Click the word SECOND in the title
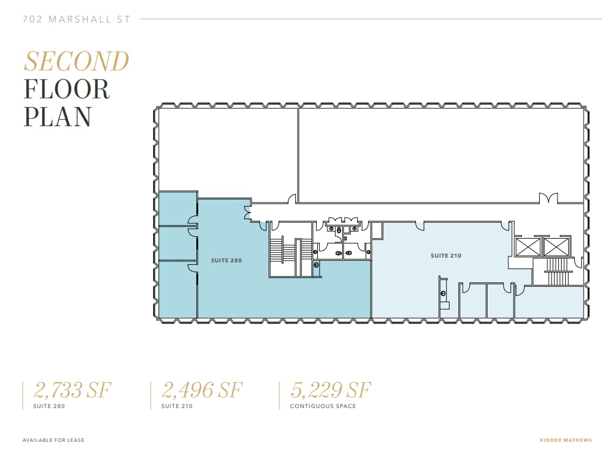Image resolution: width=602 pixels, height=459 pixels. pyautogui.click(x=76, y=62)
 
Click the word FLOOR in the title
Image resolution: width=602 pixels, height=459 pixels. pyautogui.click(x=66, y=89)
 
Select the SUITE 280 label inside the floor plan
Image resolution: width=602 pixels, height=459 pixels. pyautogui.click(x=227, y=260)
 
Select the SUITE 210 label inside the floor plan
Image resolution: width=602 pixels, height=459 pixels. pyautogui.click(x=445, y=255)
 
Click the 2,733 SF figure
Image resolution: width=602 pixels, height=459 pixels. pyautogui.click(x=72, y=390)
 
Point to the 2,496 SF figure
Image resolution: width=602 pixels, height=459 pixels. pyautogui.click(x=202, y=390)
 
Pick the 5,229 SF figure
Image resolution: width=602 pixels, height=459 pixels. pyautogui.click(x=330, y=390)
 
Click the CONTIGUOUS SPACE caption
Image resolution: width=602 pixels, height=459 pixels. pyautogui.click(x=323, y=406)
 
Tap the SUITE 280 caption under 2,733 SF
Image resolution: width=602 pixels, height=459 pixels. pyautogui.click(x=49, y=406)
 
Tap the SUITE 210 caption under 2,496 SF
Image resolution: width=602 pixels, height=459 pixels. pyautogui.click(x=177, y=406)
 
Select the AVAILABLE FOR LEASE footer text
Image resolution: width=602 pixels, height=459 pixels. pyautogui.click(x=53, y=440)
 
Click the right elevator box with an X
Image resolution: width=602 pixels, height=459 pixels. pyautogui.click(x=555, y=246)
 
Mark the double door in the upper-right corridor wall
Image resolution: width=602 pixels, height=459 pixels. pyautogui.click(x=549, y=198)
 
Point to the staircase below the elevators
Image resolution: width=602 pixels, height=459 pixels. pyautogui.click(x=557, y=271)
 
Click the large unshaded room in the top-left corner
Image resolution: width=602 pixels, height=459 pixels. pyautogui.click(x=228, y=151)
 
